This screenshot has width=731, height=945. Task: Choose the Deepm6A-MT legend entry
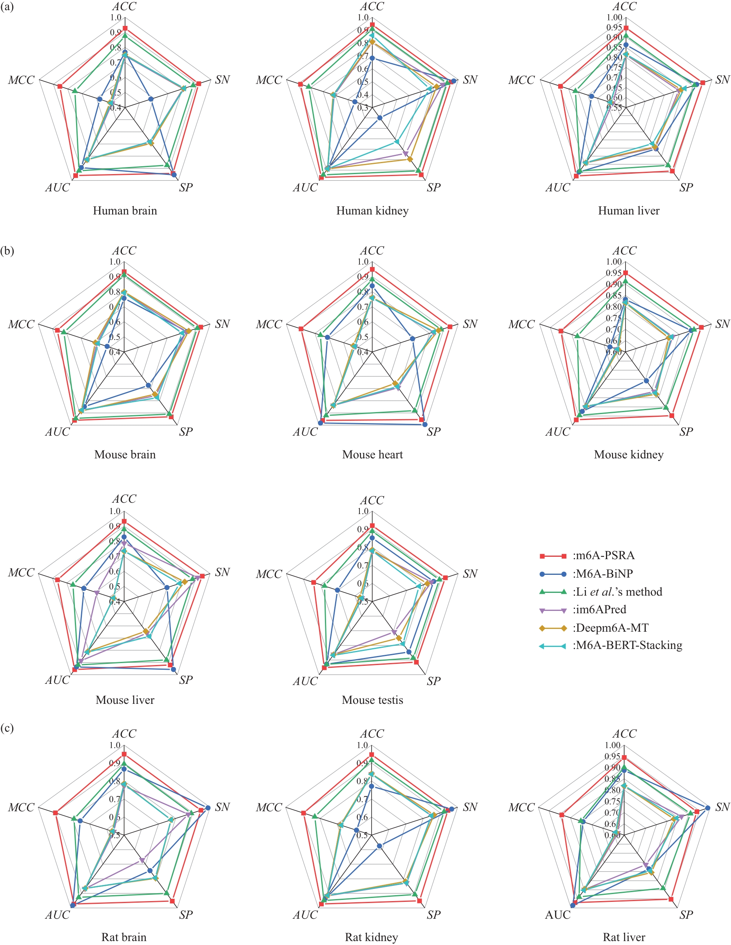[x=610, y=628]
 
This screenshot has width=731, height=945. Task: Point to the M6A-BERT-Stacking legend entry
[x=627, y=645]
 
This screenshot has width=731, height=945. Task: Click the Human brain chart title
[x=125, y=211]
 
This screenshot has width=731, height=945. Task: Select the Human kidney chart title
[x=372, y=211]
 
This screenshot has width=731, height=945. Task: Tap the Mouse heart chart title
[x=372, y=455]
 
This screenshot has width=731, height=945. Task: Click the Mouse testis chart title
[x=372, y=700]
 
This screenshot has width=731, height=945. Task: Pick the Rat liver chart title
[x=624, y=937]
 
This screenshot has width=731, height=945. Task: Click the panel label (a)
[x=7, y=7]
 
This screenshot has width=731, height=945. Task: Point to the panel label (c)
[x=7, y=728]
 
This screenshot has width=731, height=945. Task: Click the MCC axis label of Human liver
[x=521, y=80]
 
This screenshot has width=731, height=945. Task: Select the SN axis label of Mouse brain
[x=222, y=324]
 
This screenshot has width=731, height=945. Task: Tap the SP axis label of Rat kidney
[x=434, y=915]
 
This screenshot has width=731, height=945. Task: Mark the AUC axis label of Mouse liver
[x=58, y=680]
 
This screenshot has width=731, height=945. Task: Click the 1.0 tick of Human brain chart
[x=116, y=18]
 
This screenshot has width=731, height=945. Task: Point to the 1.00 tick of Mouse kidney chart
[x=614, y=262]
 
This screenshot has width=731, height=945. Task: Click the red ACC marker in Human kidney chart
[x=372, y=25]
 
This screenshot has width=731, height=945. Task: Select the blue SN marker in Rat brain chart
[x=208, y=808]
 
